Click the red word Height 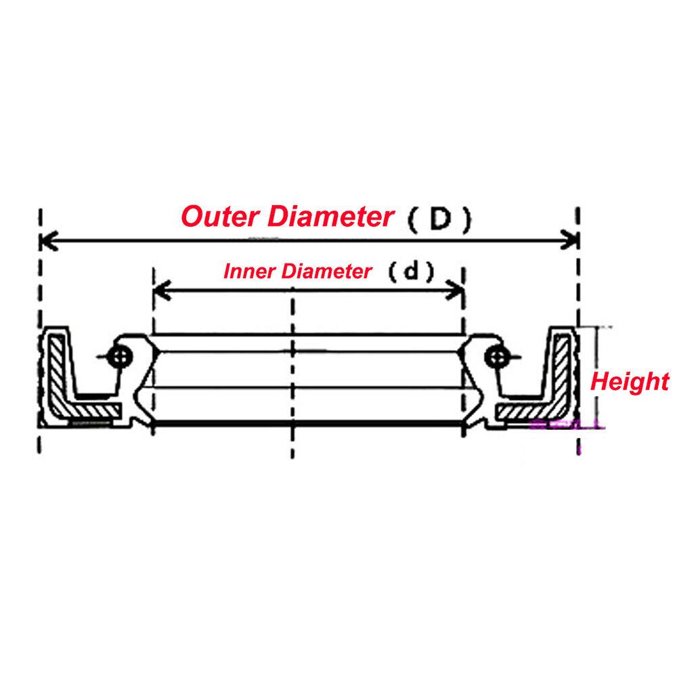(x=630, y=381)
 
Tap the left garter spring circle (x=122, y=355)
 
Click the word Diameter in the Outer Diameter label (x=332, y=217)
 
